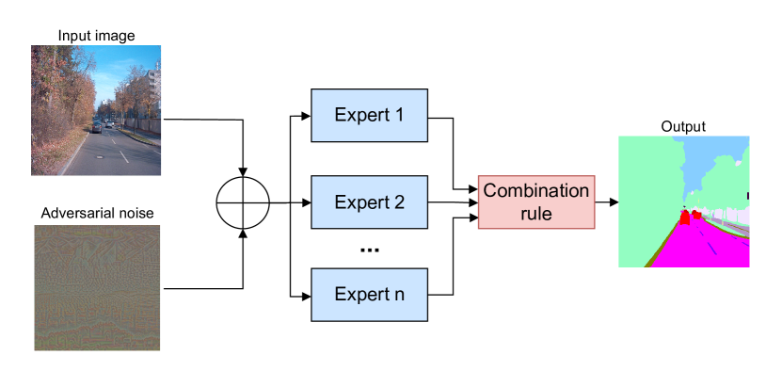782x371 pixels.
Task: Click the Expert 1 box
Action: pos(369,115)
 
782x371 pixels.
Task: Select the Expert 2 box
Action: pos(369,202)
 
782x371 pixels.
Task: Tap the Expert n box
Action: pos(369,294)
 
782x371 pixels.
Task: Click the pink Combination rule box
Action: pos(536,202)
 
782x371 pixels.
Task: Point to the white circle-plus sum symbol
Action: pos(243,202)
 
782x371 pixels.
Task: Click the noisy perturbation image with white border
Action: pos(97,288)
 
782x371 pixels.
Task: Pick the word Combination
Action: pos(536,191)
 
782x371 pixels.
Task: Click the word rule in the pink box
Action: pos(536,214)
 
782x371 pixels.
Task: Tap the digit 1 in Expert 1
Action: pos(399,116)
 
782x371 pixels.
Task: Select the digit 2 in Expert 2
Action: pos(399,202)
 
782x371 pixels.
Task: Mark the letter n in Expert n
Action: pos(399,295)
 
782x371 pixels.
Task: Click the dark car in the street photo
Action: pos(97,126)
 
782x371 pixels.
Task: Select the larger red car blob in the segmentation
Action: pos(685,218)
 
